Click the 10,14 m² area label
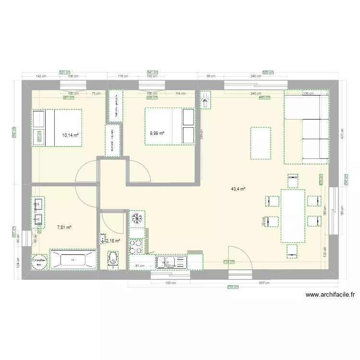[x=70, y=135]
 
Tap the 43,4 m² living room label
[x=238, y=189]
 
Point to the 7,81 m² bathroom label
[x=64, y=228]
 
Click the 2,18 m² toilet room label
[x=113, y=241]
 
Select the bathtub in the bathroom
[x=73, y=260]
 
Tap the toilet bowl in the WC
[x=113, y=260]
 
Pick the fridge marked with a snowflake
[x=137, y=218]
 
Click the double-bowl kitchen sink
[x=171, y=262]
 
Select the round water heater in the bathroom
[x=38, y=261]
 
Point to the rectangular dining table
[x=293, y=216]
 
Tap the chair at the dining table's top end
[x=292, y=180]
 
